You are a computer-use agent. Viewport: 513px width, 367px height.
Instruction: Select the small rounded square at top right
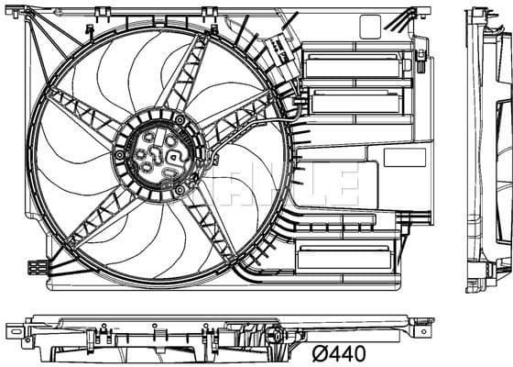point(370,27)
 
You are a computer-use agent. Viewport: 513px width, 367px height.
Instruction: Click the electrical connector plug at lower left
point(37,267)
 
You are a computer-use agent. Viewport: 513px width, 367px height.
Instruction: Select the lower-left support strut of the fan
point(92,217)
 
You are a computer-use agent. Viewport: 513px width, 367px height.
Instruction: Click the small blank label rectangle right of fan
point(404,157)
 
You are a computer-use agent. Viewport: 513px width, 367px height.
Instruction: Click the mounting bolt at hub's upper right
point(180,119)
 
